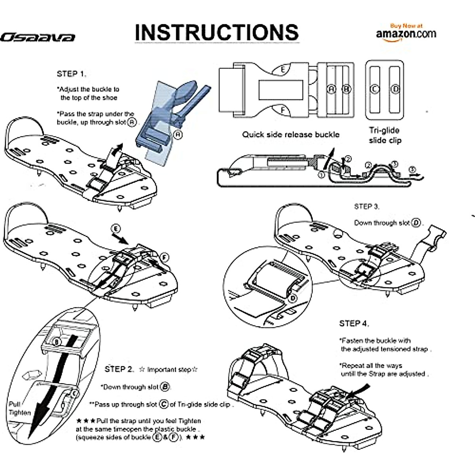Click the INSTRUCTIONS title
pos(217,32)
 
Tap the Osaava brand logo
pos(38,38)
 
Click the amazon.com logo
pos(406,34)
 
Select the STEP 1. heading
pos(71,74)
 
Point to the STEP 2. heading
pos(120,369)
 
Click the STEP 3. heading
pos(367,207)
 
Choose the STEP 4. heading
pos(354,323)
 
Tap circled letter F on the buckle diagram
pos(283,110)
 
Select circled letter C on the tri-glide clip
pos(374,89)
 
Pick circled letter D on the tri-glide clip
pos(395,89)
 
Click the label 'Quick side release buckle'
pos(291,135)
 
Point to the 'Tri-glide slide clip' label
pos(384,135)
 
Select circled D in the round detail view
pos(293,298)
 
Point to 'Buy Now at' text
pos(406,26)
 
